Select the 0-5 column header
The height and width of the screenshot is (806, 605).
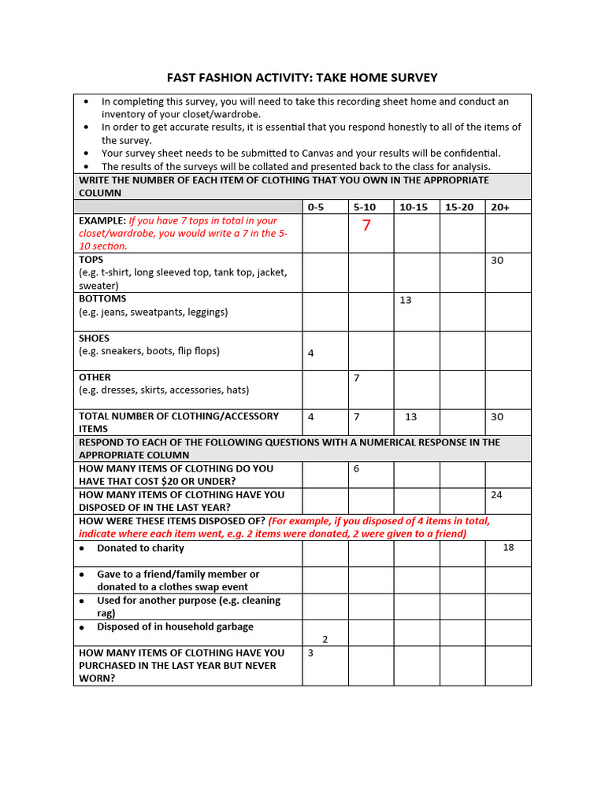[315, 207]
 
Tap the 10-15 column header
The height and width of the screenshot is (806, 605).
[413, 207]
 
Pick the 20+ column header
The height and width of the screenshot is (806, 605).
[499, 207]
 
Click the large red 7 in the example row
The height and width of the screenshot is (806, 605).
[366, 227]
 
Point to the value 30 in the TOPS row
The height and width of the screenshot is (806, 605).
[497, 261]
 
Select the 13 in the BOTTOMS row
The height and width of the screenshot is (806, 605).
[406, 300]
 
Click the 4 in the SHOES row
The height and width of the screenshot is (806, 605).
[310, 353]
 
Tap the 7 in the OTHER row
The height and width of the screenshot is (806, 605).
[356, 378]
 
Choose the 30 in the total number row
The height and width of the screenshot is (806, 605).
[497, 417]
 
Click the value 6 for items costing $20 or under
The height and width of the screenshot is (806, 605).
[356, 469]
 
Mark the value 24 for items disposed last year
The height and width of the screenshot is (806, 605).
[496, 495]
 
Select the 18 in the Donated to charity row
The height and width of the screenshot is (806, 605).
[508, 548]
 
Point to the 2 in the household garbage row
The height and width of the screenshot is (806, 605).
[325, 640]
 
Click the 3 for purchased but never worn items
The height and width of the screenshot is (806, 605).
[310, 653]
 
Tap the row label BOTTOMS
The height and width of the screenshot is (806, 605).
[102, 299]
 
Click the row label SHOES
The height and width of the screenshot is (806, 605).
[95, 338]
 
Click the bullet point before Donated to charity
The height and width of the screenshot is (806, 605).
[83, 548]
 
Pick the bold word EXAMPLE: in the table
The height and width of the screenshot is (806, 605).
[102, 221]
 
